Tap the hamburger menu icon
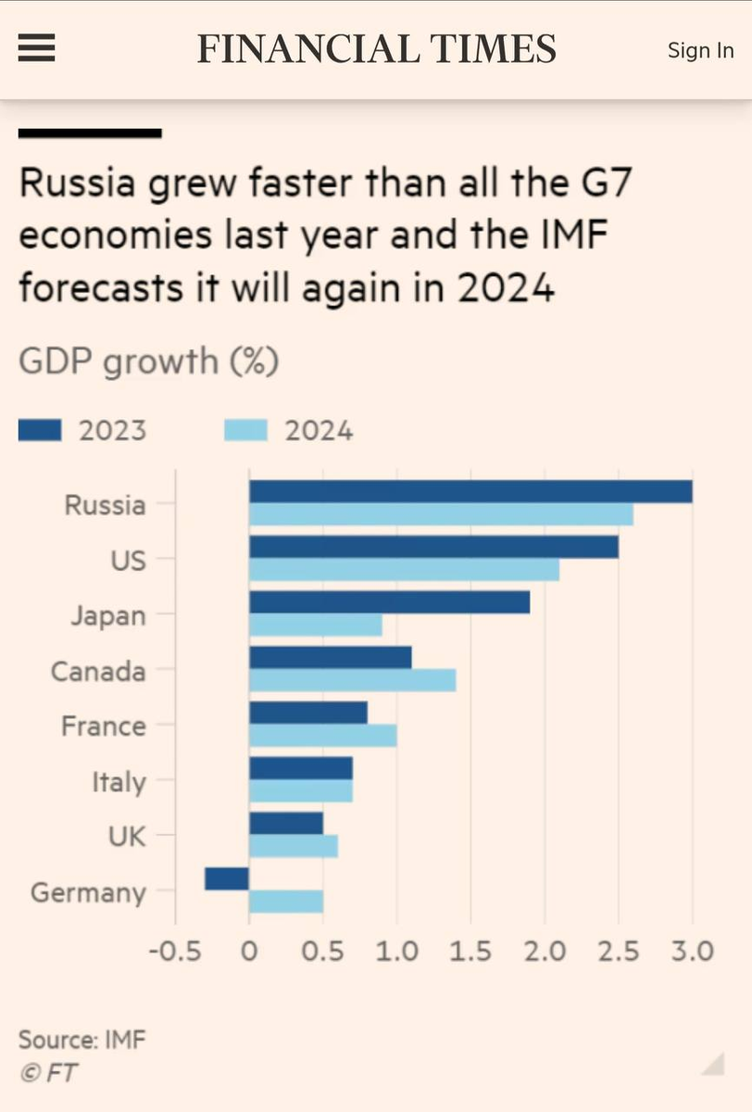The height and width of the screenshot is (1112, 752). point(37,49)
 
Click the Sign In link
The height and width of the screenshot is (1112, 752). point(700,50)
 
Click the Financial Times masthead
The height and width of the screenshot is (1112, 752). point(376,49)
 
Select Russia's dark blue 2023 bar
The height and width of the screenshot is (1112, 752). point(470,491)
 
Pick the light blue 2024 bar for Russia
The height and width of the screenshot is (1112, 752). point(441,514)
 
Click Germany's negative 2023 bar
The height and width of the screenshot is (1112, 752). point(227,878)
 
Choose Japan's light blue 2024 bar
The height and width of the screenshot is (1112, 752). point(316,625)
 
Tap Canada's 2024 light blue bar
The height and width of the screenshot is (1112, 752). point(353,681)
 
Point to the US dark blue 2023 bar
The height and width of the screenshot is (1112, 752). point(433,547)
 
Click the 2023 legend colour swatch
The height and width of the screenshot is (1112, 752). point(40,431)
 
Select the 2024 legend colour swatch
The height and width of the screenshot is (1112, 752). point(245,431)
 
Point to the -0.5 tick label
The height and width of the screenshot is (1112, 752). point(175,952)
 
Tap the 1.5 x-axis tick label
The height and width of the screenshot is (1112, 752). point(470,952)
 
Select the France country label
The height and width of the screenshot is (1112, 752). point(103,726)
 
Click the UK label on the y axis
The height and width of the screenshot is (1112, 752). point(127,836)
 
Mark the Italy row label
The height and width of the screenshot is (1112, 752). point(118,781)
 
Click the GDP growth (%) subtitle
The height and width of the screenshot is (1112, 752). point(148,360)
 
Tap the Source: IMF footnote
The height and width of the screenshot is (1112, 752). point(81,1039)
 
